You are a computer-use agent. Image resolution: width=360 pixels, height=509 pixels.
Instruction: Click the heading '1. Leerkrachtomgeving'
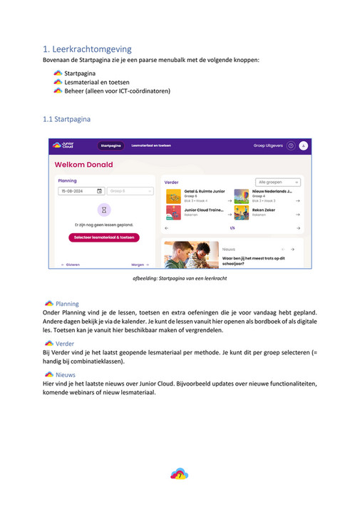pos(87,49)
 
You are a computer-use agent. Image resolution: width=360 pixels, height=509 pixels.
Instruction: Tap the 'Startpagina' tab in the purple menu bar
pos(110,145)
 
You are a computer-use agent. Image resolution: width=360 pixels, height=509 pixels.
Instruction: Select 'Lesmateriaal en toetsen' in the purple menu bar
pos(151,145)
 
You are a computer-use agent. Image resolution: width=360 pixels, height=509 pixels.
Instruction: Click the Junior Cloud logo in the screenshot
pos(63,145)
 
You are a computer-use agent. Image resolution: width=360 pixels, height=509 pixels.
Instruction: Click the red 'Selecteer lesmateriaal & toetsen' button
pos(104,237)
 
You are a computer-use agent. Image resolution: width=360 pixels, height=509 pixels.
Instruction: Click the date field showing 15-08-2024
pos(81,191)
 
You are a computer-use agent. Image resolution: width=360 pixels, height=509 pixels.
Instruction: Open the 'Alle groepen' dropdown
pos(278,182)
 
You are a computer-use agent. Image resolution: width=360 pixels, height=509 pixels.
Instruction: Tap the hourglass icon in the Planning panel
pos(104,210)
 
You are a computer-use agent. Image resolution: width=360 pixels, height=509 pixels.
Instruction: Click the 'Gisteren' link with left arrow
pos(70,264)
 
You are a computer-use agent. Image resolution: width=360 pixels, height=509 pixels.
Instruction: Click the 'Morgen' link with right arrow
pos(140,264)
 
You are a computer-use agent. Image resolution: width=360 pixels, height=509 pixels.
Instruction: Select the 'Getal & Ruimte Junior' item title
pos(204,191)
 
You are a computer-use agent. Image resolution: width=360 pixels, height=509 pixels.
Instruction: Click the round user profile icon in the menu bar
pos(303,145)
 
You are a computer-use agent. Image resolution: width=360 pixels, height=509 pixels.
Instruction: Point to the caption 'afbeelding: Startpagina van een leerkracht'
pos(180,278)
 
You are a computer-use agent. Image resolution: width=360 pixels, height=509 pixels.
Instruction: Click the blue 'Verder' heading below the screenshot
pos(64,343)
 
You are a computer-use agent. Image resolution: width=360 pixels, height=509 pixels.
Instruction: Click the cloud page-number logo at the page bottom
pos(179,473)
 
